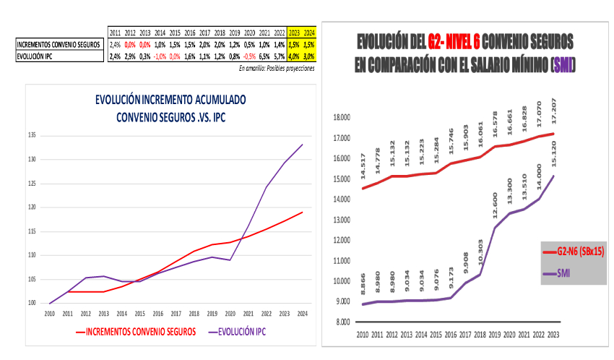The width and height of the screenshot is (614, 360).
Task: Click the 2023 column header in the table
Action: click(x=294, y=33)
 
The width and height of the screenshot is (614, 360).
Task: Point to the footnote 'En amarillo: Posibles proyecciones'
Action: click(x=277, y=68)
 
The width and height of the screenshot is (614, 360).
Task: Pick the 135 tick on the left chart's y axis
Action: click(x=31, y=135)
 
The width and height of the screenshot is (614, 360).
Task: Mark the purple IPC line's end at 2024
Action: click(x=302, y=145)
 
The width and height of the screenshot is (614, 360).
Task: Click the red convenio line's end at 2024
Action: click(x=302, y=213)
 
